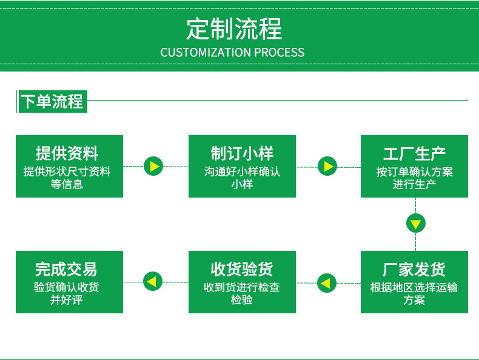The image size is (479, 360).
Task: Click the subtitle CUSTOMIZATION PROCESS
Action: pos(232,53)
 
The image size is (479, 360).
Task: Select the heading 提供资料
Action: pos(67,153)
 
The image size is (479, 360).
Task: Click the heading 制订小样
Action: pos(242,153)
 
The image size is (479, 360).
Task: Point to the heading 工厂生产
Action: pos(414,153)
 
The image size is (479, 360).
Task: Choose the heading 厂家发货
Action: pos(414,269)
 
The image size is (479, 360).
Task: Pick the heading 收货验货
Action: pos(242,269)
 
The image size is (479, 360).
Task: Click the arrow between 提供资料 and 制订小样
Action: pos(154,166)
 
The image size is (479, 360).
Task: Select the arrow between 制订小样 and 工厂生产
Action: pos(327,166)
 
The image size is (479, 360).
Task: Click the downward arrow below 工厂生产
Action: pos(415,224)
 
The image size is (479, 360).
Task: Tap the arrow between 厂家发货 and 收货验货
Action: pos(327,282)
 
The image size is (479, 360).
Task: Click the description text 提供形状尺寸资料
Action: pos(67,172)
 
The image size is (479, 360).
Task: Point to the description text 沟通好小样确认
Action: pos(242,172)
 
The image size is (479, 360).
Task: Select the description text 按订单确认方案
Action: pos(414,172)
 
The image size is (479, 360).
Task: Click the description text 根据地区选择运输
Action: pos(414,287)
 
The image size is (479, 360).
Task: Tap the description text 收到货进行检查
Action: pos(242,287)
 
